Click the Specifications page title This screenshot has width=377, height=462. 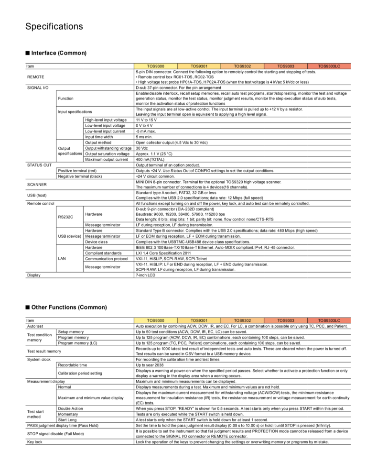[54, 26]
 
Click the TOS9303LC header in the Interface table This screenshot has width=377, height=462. [329, 66]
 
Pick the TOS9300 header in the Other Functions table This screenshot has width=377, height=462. [156, 320]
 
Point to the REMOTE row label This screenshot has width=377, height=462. [36, 76]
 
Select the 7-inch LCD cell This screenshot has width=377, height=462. [146, 275]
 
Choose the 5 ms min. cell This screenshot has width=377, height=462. [145, 137]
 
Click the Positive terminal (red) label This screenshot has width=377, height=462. [77, 171]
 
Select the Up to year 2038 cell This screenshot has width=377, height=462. [154, 364]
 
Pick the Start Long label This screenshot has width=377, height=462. [68, 419]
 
